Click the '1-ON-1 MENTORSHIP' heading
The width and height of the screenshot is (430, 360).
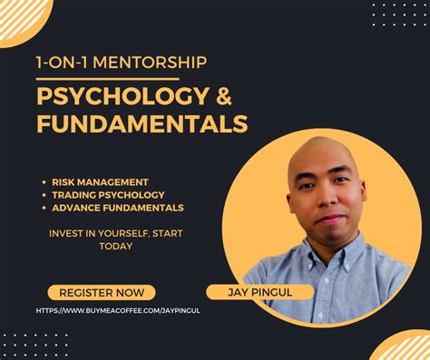click(122, 63)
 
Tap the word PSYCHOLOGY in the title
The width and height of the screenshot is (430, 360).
click(113, 95)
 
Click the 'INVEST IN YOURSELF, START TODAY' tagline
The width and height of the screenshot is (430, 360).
click(115, 239)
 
